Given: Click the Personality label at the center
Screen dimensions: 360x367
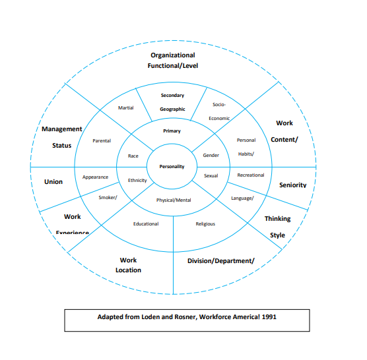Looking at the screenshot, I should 172,167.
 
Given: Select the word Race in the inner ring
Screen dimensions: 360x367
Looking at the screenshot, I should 133,156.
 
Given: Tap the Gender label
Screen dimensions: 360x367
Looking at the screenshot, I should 211,156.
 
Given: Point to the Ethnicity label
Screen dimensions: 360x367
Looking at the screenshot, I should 137,180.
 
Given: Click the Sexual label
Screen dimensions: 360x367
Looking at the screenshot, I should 211,176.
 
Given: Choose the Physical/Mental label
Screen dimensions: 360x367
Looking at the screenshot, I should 175,200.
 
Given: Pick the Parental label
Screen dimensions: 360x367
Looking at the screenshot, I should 102,140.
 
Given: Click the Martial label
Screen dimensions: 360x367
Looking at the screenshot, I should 125,107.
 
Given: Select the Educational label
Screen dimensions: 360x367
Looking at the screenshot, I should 146,224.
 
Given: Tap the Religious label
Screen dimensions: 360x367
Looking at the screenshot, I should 205,224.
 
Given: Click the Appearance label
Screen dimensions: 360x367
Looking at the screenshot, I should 95,177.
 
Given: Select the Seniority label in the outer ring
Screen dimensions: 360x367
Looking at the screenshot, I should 292,185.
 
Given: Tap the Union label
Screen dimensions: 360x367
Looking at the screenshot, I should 53,181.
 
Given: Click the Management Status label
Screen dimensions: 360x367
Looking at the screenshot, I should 62,137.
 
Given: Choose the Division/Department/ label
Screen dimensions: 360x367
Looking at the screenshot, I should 221,260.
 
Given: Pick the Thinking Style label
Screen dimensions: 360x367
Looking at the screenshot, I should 277,226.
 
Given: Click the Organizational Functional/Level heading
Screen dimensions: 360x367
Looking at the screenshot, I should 173,60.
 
